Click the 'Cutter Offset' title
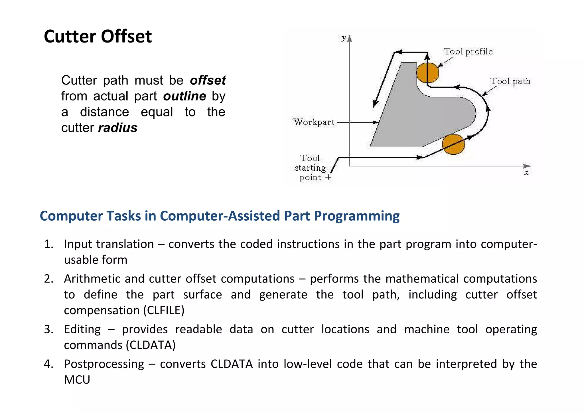98,37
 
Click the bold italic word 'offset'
208,80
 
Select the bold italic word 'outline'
184,96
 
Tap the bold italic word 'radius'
118,128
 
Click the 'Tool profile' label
468,52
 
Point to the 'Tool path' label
510,81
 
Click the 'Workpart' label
314,122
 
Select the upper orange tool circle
427,72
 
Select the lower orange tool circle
453,144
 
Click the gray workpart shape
413,120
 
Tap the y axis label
344,38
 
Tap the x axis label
527,173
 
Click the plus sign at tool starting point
328,177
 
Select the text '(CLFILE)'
164,311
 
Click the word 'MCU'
77,380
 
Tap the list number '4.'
49,364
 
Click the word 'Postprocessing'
104,364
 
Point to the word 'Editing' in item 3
82,330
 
